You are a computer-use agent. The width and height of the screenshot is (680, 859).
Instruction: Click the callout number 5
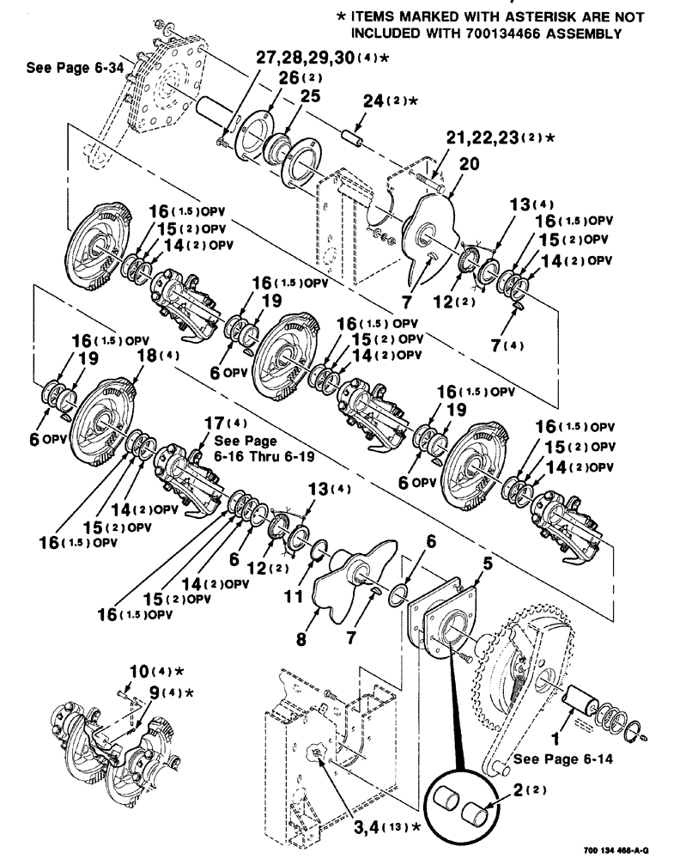tap(486, 564)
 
